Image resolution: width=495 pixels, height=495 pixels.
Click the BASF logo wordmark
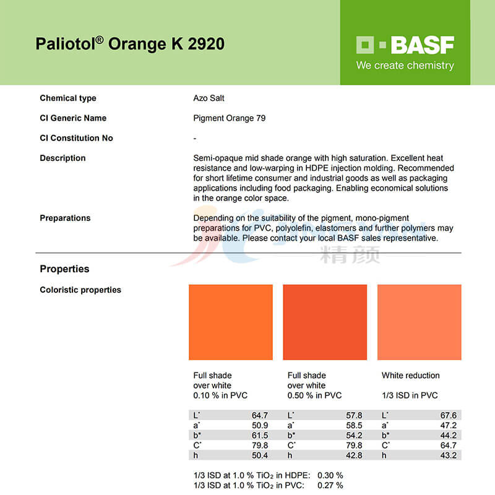(x=405, y=45)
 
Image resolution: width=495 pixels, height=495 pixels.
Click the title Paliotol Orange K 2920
(x=130, y=44)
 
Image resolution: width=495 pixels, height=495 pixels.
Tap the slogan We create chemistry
(x=405, y=66)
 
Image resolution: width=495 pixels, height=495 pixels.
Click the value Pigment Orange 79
(x=229, y=118)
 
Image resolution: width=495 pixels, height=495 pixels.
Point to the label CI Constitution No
(x=76, y=138)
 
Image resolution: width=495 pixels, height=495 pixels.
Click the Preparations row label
(x=65, y=218)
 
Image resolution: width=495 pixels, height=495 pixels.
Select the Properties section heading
(x=64, y=269)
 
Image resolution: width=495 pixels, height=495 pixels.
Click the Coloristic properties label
(x=80, y=290)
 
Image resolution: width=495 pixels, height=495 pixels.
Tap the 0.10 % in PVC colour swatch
(x=231, y=322)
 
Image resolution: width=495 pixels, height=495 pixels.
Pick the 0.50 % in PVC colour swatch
(x=325, y=322)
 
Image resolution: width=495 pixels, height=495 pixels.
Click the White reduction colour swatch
(x=419, y=322)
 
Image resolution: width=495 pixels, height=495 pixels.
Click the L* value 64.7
(x=260, y=415)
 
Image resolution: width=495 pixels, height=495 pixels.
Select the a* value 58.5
(x=354, y=425)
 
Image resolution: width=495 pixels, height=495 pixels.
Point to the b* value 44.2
(x=448, y=435)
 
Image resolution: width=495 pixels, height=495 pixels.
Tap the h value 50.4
(x=260, y=455)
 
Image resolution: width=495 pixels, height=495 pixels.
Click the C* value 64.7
(x=448, y=445)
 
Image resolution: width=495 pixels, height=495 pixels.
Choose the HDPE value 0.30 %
(x=330, y=475)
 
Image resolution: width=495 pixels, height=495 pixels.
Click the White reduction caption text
(x=410, y=376)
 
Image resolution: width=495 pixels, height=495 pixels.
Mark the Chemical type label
(x=68, y=98)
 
